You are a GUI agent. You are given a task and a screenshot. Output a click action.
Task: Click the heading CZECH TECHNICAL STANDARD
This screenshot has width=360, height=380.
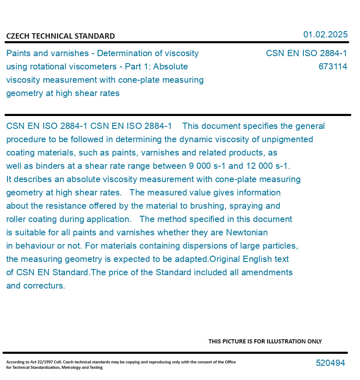60,36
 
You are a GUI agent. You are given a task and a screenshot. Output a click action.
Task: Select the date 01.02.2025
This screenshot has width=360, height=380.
325,35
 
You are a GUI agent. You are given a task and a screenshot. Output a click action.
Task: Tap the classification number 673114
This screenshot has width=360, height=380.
333,67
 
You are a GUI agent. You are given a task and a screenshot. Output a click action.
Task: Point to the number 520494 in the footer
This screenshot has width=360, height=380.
330,363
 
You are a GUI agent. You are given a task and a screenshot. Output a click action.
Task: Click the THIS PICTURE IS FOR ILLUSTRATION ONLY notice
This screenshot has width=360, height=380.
265,341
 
